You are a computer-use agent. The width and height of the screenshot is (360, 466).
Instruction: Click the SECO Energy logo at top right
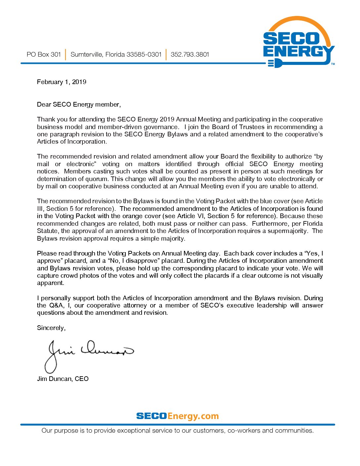click(299, 43)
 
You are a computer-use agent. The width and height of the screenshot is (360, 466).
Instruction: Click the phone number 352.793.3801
click(190, 54)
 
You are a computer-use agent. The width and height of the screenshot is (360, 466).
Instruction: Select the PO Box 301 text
click(44, 54)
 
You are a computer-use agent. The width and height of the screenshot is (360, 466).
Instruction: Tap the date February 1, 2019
click(62, 82)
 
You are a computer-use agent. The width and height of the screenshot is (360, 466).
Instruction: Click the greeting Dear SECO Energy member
click(79, 105)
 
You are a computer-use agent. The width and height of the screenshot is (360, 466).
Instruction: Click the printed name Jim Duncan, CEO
click(63, 379)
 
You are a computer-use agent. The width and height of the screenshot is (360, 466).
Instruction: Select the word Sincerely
click(51, 328)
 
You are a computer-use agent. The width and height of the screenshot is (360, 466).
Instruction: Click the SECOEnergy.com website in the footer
click(177, 416)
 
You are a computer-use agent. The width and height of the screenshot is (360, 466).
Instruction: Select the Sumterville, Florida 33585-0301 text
click(116, 54)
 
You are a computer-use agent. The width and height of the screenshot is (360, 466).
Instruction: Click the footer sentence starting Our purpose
click(177, 430)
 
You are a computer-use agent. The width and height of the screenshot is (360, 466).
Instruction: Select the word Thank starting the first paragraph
click(45, 119)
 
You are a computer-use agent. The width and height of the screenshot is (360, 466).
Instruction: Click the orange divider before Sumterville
click(66, 54)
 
